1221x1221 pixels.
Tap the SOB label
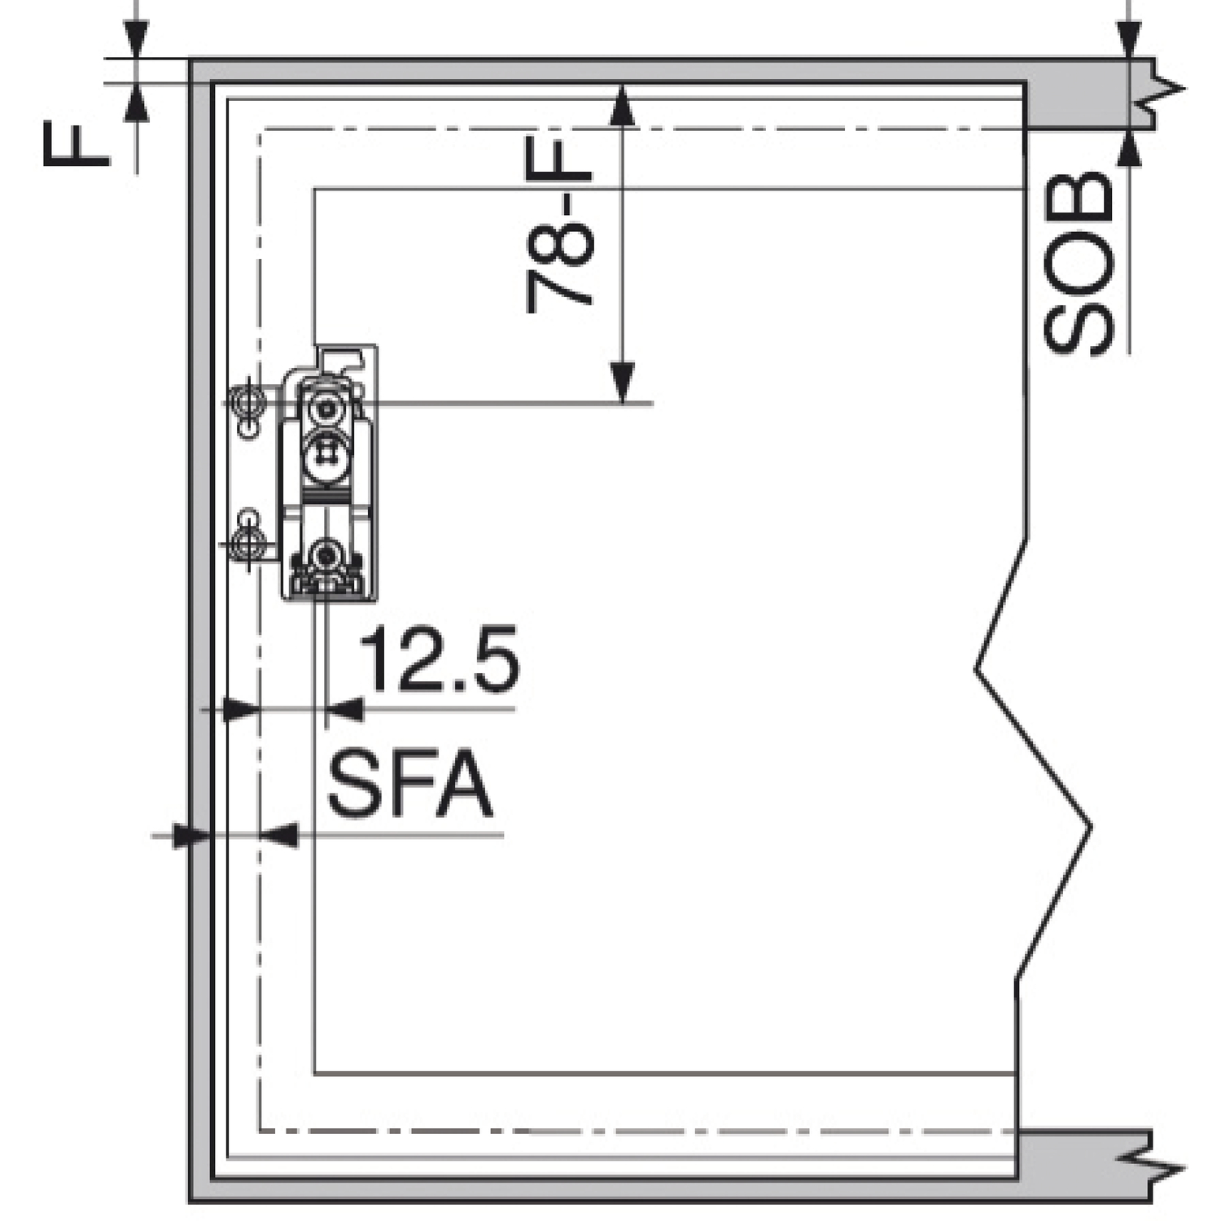click(x=1078, y=262)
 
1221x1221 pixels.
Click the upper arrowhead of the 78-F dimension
click(x=622, y=105)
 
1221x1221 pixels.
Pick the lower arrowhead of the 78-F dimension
click(x=622, y=383)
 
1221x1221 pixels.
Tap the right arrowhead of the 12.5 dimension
click(x=344, y=710)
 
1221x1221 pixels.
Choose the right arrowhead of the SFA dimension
click(x=278, y=835)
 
